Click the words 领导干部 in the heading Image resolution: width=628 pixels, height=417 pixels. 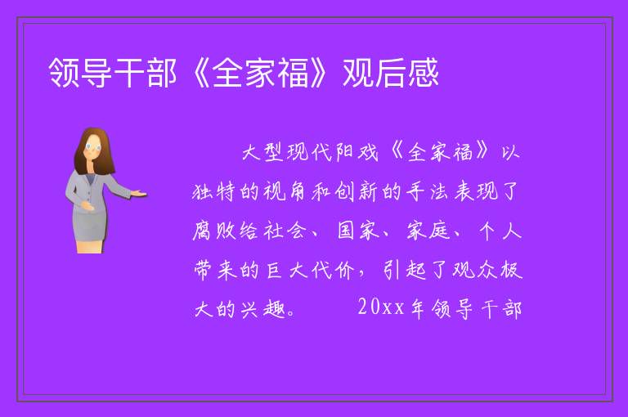pyautogui.click(x=113, y=73)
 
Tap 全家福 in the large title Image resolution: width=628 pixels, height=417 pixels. pyautogui.click(x=261, y=73)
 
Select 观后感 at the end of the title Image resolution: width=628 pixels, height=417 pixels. pyautogui.click(x=391, y=73)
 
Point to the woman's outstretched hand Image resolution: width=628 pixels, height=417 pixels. pyautogui.click(x=138, y=194)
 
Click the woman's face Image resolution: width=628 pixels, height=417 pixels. pyautogui.click(x=93, y=148)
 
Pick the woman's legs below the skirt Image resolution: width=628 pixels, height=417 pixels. pyautogui.click(x=89, y=246)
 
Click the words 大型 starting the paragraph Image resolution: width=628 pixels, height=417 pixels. pyautogui.click(x=263, y=152)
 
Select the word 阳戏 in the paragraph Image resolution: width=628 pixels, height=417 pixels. pyautogui.click(x=357, y=152)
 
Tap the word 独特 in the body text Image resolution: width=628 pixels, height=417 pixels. pyautogui.click(x=213, y=191)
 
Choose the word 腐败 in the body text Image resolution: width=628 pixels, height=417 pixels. pyautogui.click(x=213, y=231)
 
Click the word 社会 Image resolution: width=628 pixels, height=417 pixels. pyautogui.click(x=285, y=231)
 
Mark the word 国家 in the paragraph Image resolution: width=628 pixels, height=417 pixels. pyautogui.click(x=358, y=231)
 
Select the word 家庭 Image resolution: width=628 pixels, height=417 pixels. pyautogui.click(x=428, y=231)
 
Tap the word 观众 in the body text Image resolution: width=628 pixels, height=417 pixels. pyautogui.click(x=474, y=270)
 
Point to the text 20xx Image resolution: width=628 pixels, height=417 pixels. pyautogui.click(x=381, y=307)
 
